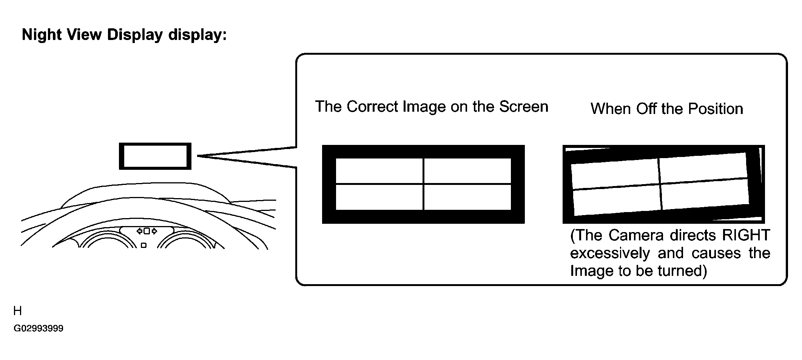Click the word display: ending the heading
click(x=197, y=35)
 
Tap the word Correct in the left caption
click(x=372, y=106)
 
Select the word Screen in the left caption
click(x=524, y=106)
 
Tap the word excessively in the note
click(x=610, y=253)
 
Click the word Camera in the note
click(x=636, y=235)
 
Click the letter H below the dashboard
click(x=17, y=311)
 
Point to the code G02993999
click(x=39, y=328)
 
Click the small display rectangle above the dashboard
click(x=155, y=156)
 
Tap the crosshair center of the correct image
click(x=423, y=184)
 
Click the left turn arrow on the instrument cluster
click(x=140, y=231)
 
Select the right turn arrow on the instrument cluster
click(x=154, y=231)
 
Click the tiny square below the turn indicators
click(x=143, y=245)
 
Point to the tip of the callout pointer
click(x=197, y=155)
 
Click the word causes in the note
click(x=716, y=253)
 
